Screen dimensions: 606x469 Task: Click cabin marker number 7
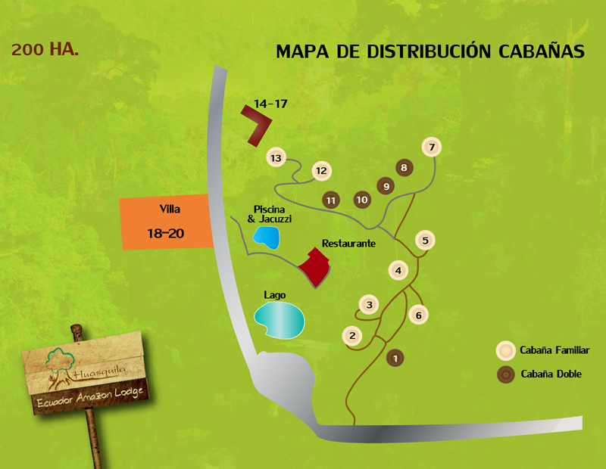click(x=431, y=147)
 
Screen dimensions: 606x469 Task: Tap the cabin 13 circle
click(x=276, y=157)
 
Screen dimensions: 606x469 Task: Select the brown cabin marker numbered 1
click(x=394, y=357)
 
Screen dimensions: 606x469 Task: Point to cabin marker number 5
click(x=425, y=241)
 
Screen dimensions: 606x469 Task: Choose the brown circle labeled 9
click(x=386, y=185)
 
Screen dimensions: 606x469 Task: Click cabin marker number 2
click(x=351, y=335)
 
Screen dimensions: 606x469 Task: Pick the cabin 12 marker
click(x=321, y=171)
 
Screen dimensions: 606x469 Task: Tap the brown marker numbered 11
click(x=330, y=200)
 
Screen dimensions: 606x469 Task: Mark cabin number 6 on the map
click(x=418, y=314)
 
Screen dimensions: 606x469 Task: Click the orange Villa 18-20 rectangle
click(x=167, y=222)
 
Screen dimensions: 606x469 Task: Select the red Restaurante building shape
click(x=317, y=266)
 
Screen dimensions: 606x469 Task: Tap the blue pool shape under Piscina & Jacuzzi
click(x=265, y=238)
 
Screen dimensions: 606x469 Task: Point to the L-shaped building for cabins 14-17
click(x=258, y=124)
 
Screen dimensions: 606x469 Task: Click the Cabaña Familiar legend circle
click(x=504, y=350)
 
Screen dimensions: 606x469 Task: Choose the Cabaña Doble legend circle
click(x=504, y=374)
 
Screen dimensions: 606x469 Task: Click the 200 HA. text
click(x=45, y=51)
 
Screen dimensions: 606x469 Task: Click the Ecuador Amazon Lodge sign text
click(x=91, y=399)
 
